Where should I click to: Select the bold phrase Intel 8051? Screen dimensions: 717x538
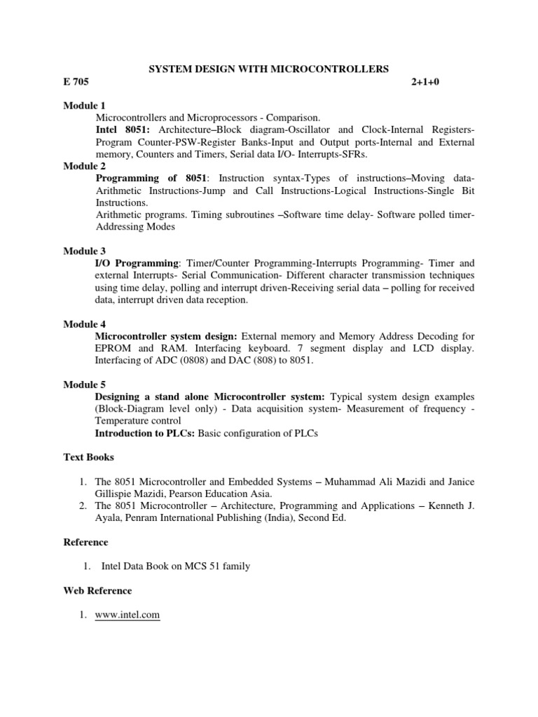point(123,130)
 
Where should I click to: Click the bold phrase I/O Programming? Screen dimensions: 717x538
point(137,263)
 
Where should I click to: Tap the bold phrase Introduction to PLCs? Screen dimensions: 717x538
point(145,433)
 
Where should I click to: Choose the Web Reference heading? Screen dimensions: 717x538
point(97,591)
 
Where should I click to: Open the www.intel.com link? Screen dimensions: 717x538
point(127,615)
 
